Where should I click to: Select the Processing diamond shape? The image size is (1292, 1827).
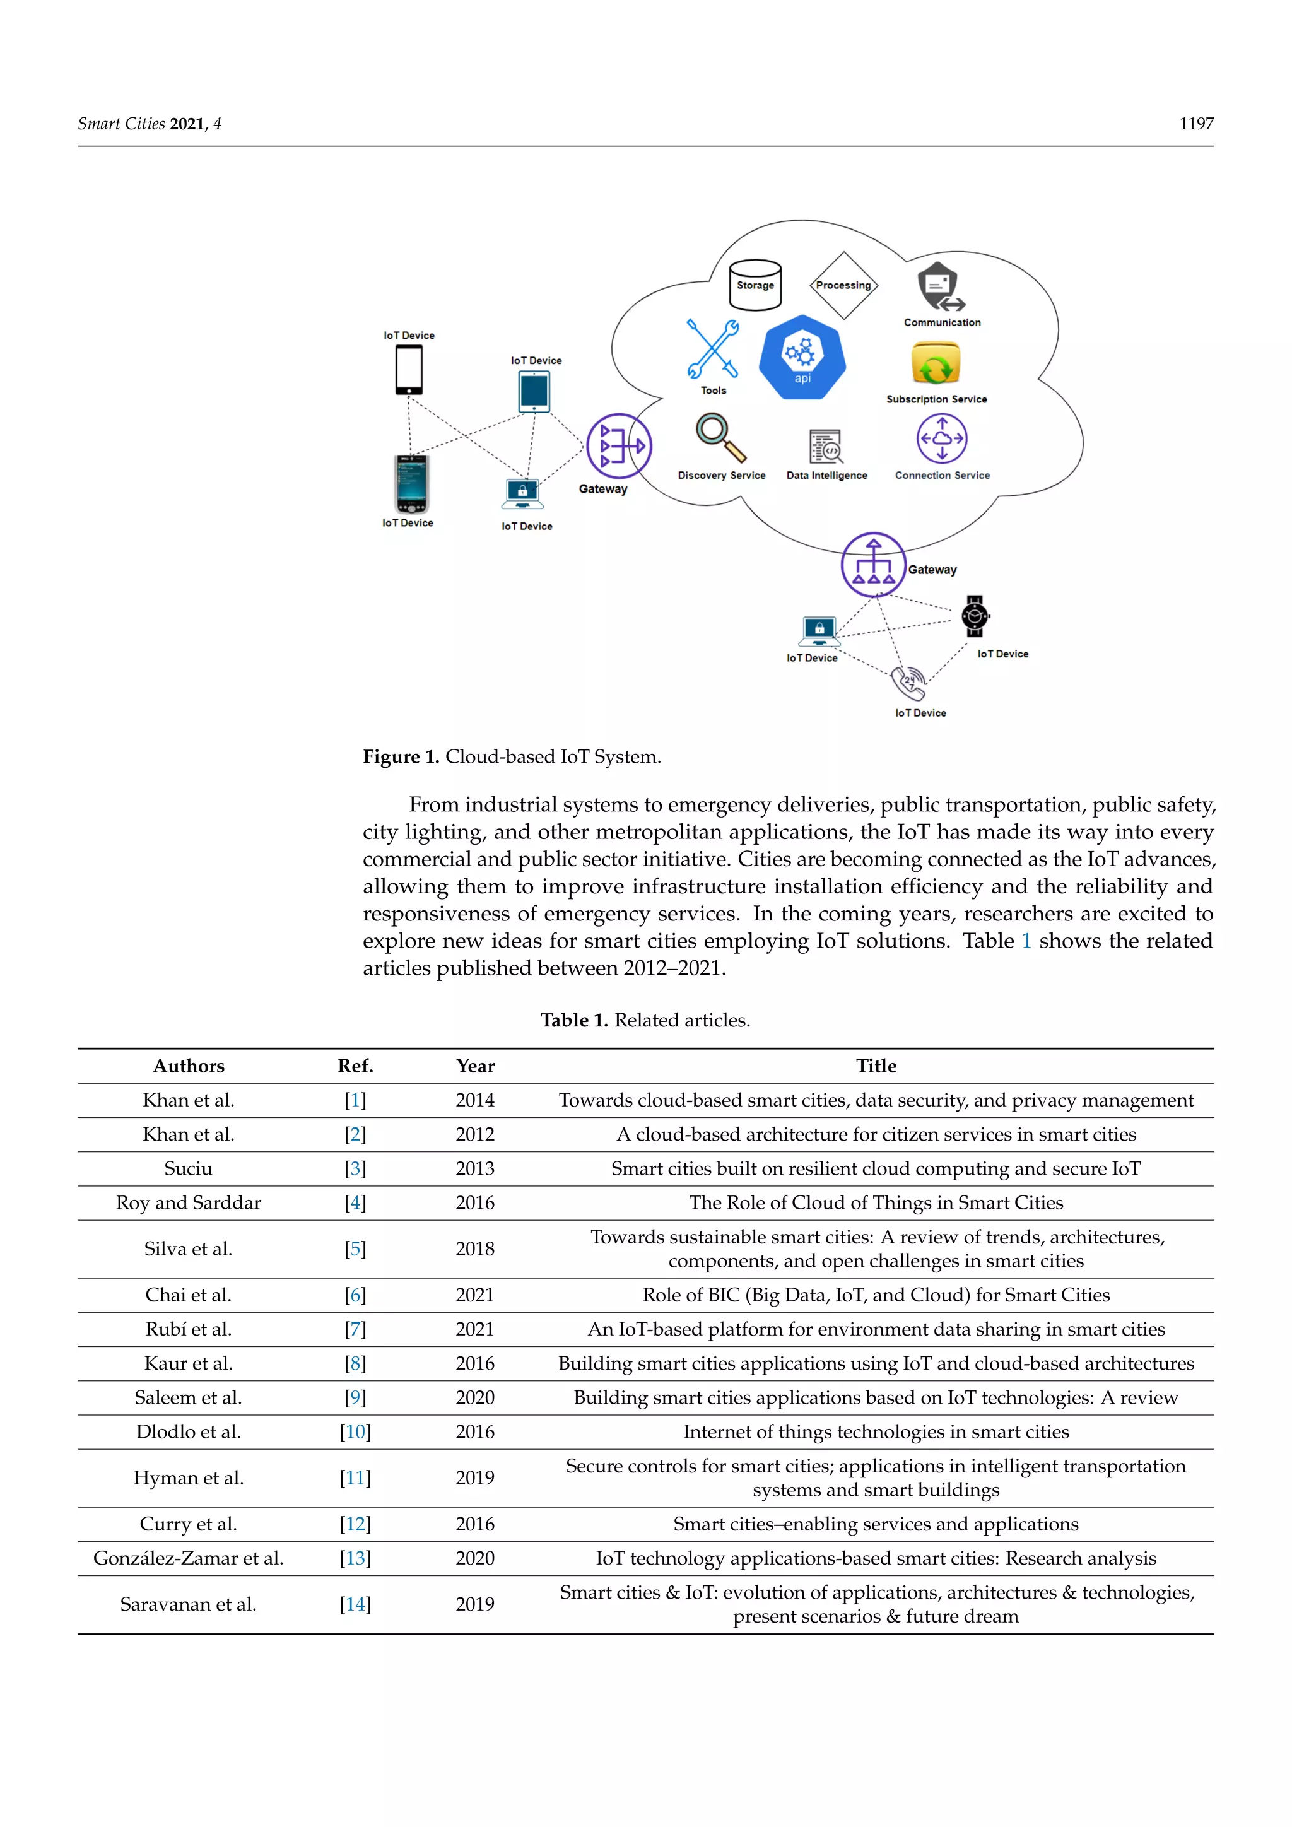tap(843, 285)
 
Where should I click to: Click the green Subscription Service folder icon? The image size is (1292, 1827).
tap(936, 365)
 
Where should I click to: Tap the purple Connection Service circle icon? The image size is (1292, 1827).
tap(942, 438)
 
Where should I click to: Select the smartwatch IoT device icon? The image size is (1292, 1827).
tap(975, 616)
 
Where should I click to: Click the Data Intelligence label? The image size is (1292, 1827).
tap(826, 475)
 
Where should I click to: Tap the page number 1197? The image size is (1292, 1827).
tap(1195, 124)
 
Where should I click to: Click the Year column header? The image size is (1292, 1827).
tap(475, 1066)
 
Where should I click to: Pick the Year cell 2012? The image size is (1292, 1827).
tap(475, 1135)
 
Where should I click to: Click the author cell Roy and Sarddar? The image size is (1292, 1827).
tap(189, 1203)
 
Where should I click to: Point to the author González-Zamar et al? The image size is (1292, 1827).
tap(189, 1559)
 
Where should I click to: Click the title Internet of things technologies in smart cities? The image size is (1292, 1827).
tap(876, 1432)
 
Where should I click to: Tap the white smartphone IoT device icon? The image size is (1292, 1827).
tap(409, 370)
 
